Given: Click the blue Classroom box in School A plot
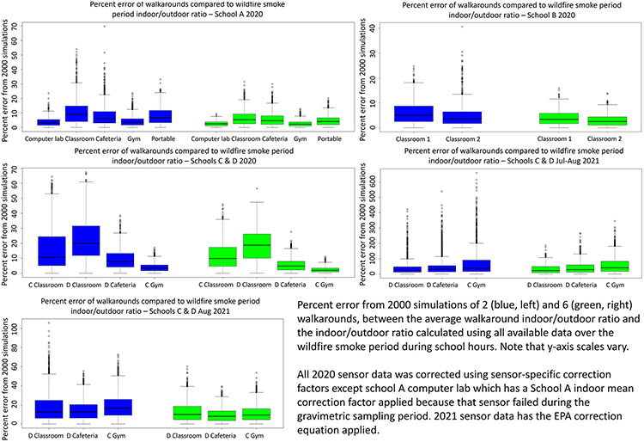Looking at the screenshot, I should point(76,114).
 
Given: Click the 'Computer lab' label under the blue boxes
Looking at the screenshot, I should point(46,137).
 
